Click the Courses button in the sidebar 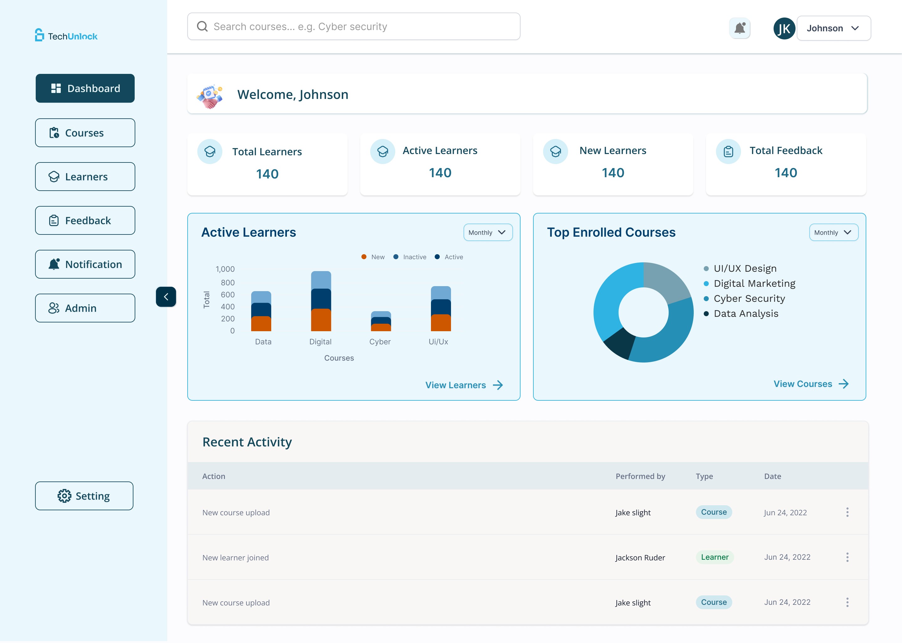coord(85,133)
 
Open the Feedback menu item coord(85,220)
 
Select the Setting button coord(84,496)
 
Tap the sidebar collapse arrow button coord(166,296)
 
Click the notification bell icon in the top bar coord(739,28)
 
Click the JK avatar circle coord(784,28)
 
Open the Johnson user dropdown coord(833,28)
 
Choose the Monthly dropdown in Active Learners coord(488,232)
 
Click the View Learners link coord(464,385)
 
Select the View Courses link coord(811,384)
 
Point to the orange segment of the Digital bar coord(321,320)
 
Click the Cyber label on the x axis coord(380,342)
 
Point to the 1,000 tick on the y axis coord(225,269)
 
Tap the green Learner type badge coord(715,557)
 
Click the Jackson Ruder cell coord(640,558)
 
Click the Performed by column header coord(640,476)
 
